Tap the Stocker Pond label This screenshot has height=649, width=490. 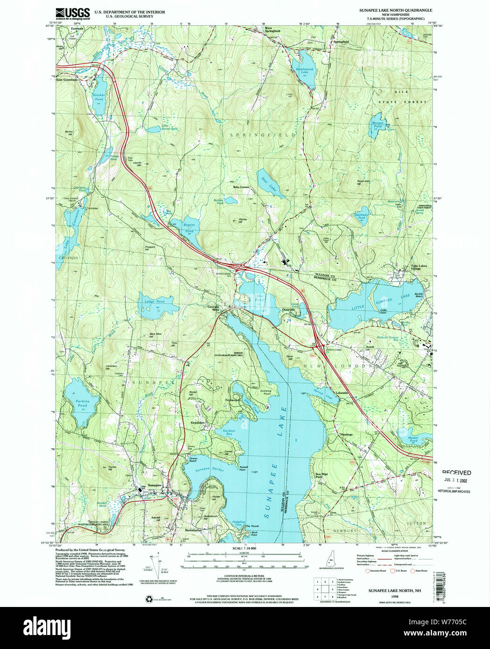tap(99, 97)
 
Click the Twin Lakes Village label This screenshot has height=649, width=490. tap(419, 268)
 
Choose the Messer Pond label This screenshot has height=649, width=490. tap(413, 439)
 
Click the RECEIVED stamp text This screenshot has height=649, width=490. tap(456, 473)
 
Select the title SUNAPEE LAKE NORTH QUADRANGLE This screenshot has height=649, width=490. tap(395, 10)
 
